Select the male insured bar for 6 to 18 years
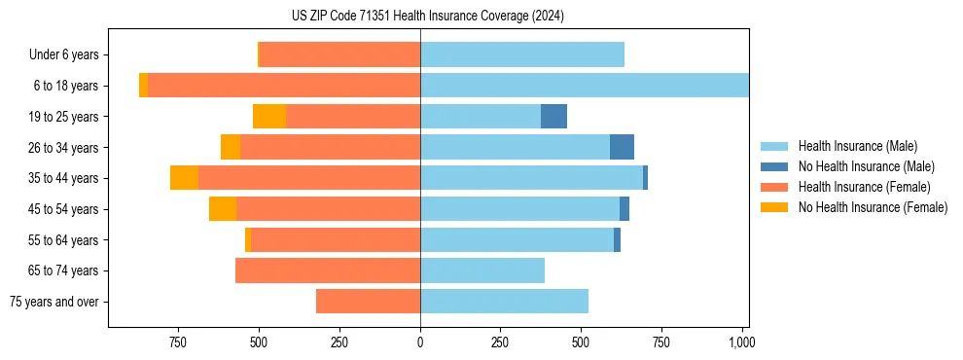pyautogui.click(x=584, y=86)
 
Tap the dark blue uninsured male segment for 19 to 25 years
pyautogui.click(x=553, y=117)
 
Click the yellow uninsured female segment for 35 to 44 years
pyautogui.click(x=184, y=178)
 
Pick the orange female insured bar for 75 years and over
pyautogui.click(x=368, y=302)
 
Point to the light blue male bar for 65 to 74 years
pyautogui.click(x=481, y=270)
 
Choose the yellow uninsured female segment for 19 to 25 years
pyautogui.click(x=269, y=117)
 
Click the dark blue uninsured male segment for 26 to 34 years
pyautogui.click(x=622, y=147)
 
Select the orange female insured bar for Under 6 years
pyautogui.click(x=339, y=54)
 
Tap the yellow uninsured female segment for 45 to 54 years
pyautogui.click(x=223, y=209)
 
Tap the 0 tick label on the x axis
pyautogui.click(x=420, y=342)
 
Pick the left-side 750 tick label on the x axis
pyautogui.click(x=177, y=342)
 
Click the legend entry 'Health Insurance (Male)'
pyautogui.click(x=857, y=146)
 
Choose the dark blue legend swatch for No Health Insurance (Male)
pyautogui.click(x=775, y=166)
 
